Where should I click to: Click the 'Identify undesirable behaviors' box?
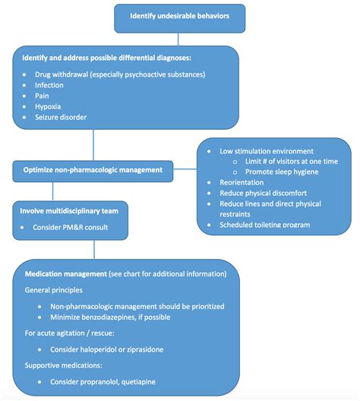click(x=180, y=16)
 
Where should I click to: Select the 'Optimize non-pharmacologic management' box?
click(x=93, y=170)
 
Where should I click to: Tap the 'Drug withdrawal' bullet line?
click(x=120, y=74)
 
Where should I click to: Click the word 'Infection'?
click(x=50, y=86)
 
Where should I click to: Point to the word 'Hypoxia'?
click(x=49, y=107)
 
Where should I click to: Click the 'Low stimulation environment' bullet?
click(x=266, y=150)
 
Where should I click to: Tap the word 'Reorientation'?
click(x=242, y=183)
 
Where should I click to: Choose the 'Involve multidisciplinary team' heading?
click(x=69, y=210)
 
